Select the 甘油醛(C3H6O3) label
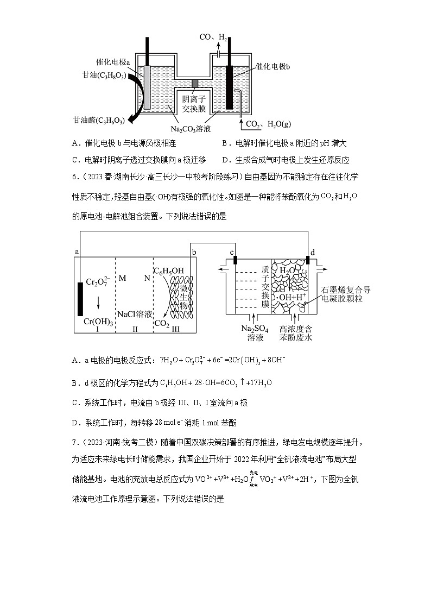(x=99, y=120)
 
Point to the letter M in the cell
(x=122, y=278)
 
